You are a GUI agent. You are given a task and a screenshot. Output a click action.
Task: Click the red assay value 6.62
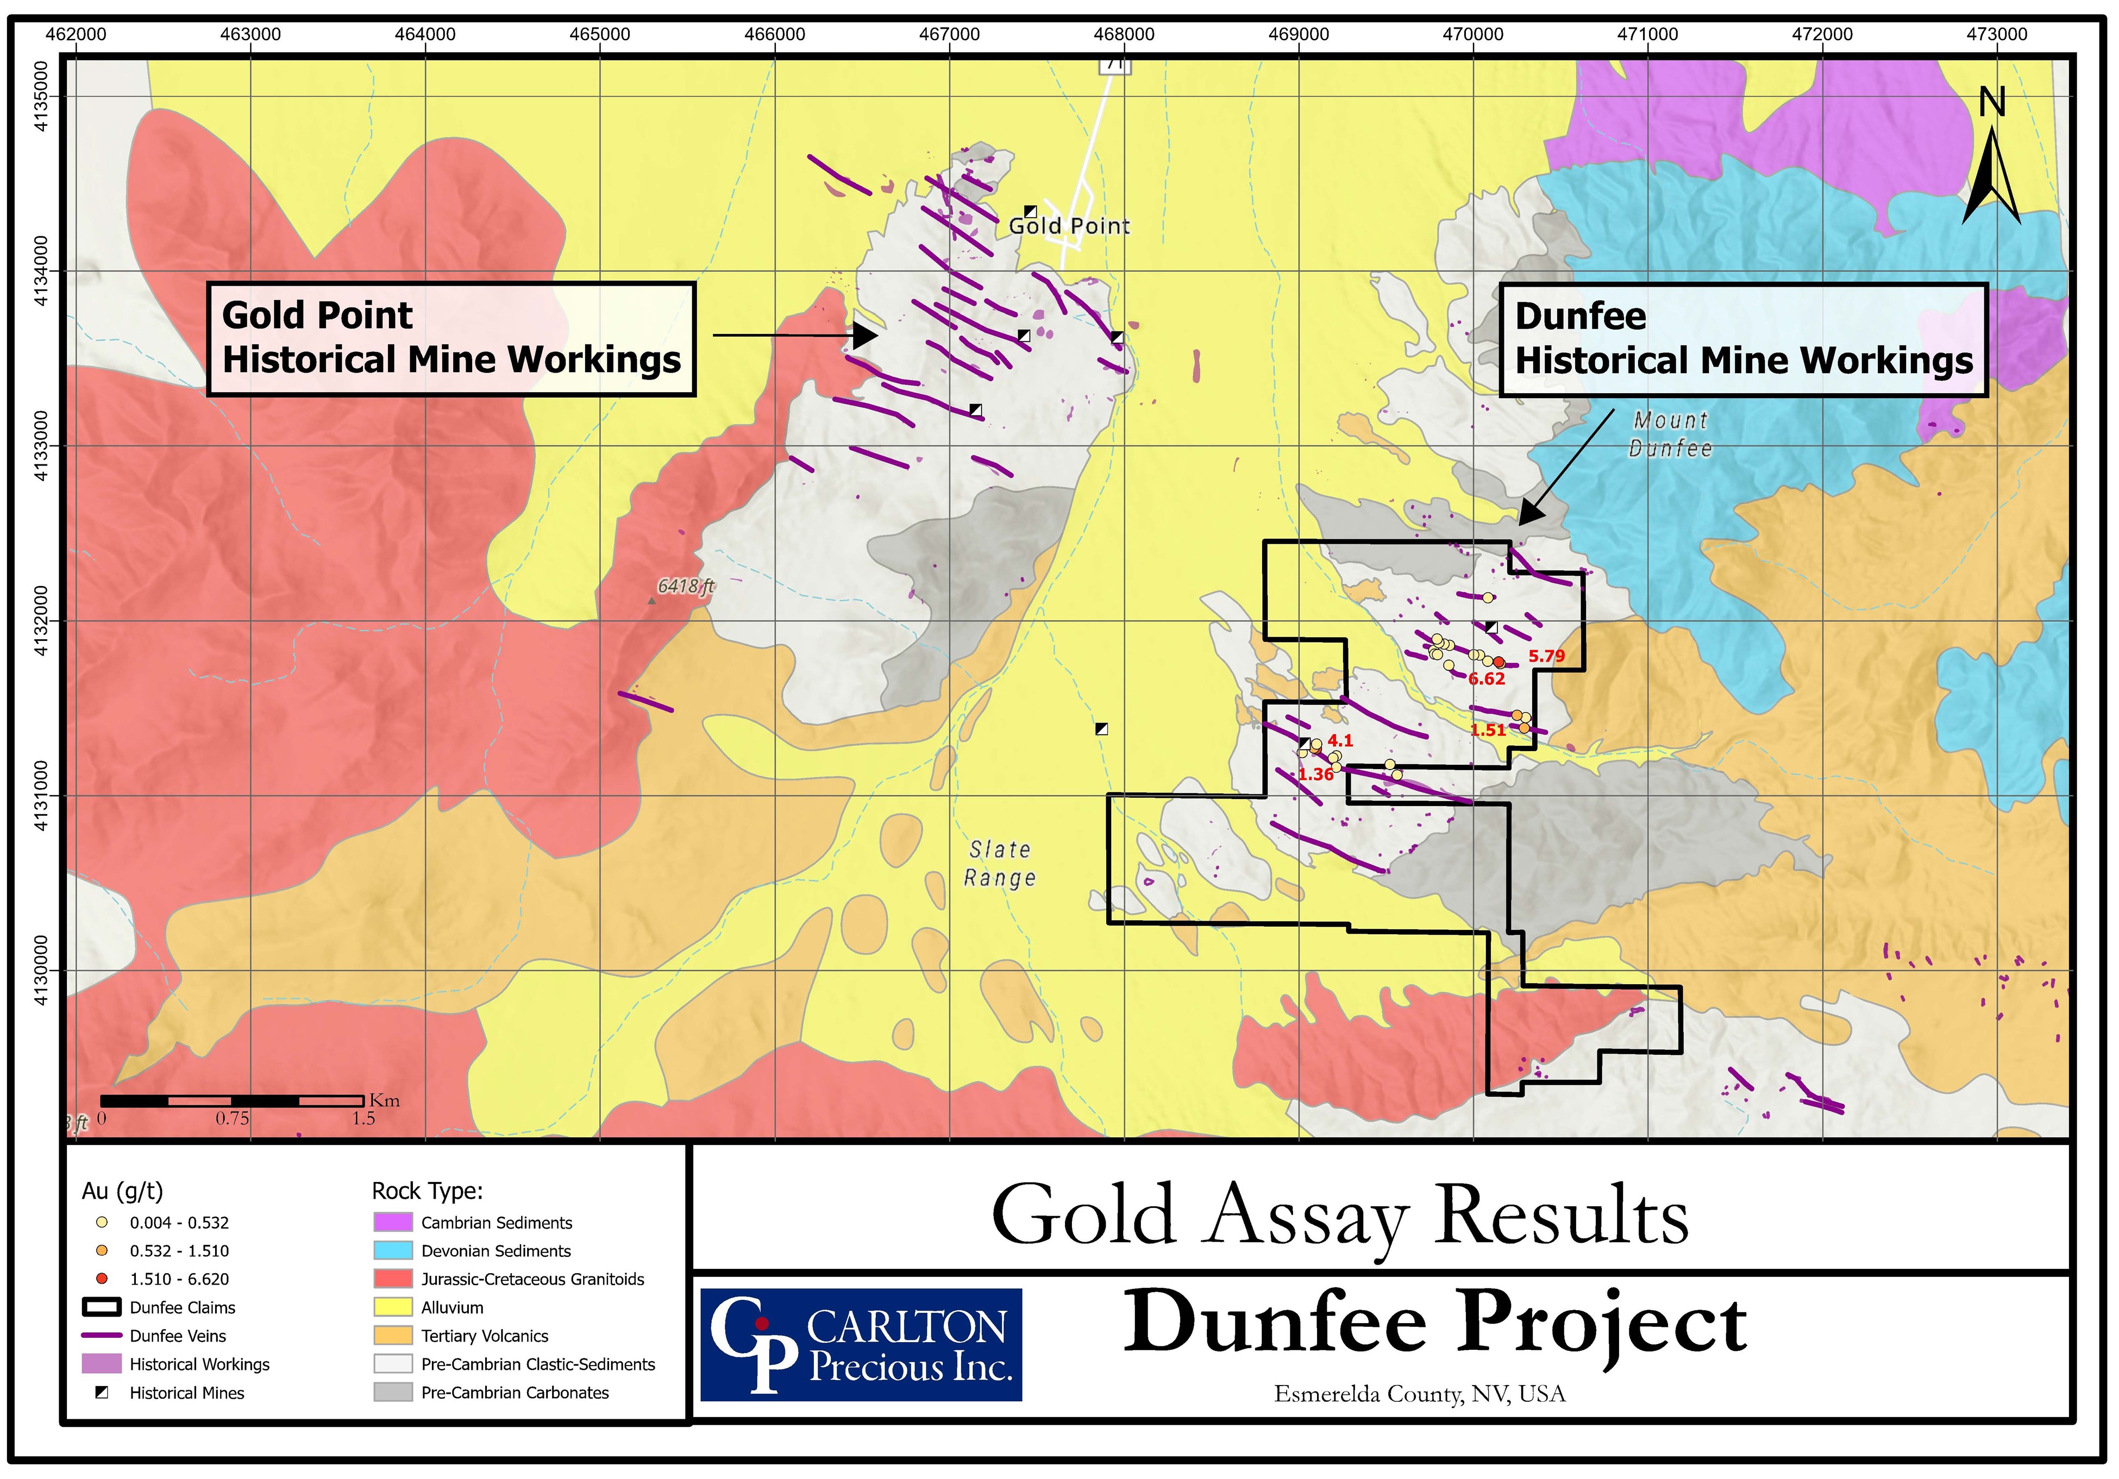point(1486,679)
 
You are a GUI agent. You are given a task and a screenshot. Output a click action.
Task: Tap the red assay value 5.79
point(1546,656)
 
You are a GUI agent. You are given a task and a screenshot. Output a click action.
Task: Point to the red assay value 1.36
point(1315,775)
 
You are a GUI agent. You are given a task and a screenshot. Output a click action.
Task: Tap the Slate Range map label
point(1000,864)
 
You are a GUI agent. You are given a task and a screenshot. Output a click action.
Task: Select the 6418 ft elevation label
point(686,586)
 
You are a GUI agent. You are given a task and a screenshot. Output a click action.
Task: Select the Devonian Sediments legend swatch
point(392,1250)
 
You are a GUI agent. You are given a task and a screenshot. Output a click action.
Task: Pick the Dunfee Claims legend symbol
point(102,1307)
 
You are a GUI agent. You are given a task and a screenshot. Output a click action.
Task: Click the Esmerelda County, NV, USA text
point(1419,1394)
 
